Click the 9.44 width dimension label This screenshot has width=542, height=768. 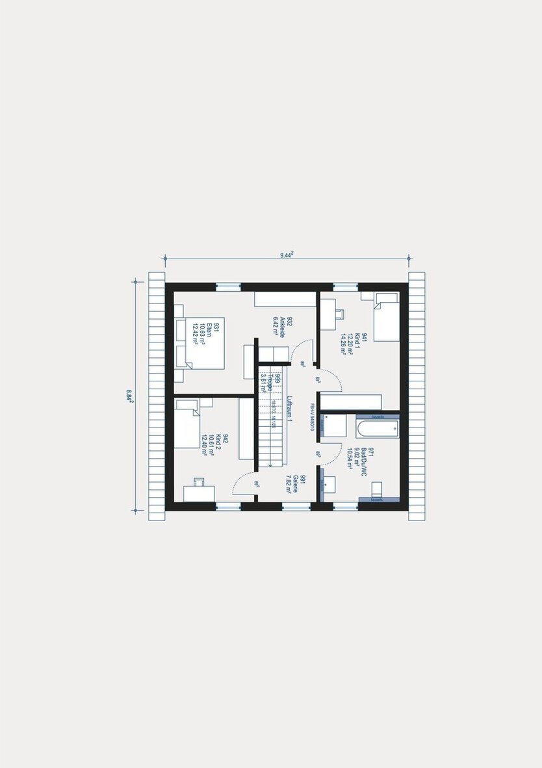pos(286,255)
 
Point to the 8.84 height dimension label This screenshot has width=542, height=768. pos(130,396)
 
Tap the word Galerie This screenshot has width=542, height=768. pos(294,484)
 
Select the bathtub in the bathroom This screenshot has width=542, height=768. pos(377,428)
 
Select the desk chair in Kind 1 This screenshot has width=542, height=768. pos(339,313)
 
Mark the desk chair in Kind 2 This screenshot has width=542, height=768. pos(199,482)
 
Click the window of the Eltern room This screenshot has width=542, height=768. pos(228,287)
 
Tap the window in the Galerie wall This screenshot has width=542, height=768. pos(296,507)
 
